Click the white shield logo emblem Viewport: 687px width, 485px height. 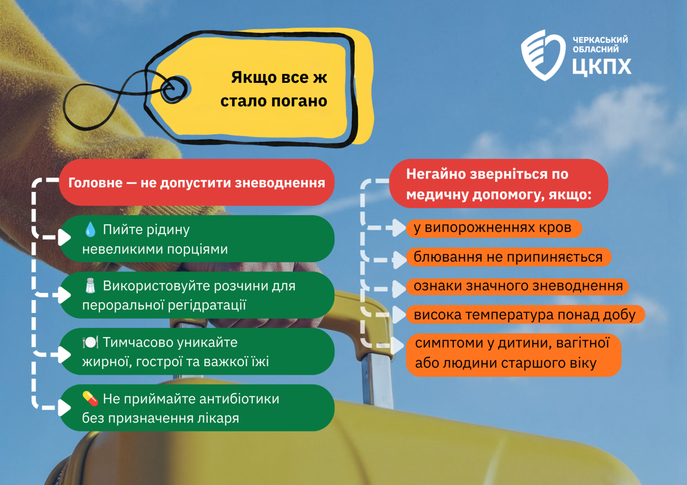(543, 55)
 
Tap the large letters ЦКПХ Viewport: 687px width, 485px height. (602, 67)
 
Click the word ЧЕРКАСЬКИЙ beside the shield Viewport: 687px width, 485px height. (600, 40)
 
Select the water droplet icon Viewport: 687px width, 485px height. (90, 229)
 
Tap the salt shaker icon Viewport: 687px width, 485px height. (90, 286)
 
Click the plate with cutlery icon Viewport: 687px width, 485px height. (90, 342)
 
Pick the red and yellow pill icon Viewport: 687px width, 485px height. (90, 399)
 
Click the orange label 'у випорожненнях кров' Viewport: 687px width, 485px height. (494, 229)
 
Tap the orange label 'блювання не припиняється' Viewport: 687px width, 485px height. (508, 257)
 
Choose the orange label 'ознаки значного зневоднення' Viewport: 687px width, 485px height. (517, 286)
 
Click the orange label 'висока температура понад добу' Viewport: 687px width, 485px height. (526, 315)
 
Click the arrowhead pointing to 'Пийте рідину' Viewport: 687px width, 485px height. (64, 237)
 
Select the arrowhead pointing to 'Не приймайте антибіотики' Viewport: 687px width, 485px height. (64, 408)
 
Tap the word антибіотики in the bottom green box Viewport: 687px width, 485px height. (239, 399)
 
